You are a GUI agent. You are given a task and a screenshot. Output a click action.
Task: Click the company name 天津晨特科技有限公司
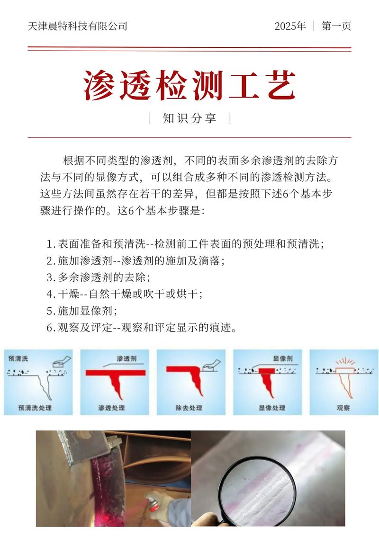[x=78, y=26]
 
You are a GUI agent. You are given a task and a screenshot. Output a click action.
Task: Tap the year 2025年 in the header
[x=290, y=26]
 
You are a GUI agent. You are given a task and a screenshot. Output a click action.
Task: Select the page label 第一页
[x=336, y=26]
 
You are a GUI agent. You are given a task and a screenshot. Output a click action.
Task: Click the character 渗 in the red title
[x=101, y=86]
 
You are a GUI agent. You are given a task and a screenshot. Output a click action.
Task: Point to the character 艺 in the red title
[x=279, y=86]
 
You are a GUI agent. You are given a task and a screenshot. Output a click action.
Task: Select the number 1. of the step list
[x=51, y=244]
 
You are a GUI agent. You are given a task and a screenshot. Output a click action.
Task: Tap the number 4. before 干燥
[x=51, y=294]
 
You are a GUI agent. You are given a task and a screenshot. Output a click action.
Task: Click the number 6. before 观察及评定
[x=51, y=328]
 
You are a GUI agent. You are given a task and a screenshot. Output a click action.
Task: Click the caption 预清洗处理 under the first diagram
[x=35, y=408]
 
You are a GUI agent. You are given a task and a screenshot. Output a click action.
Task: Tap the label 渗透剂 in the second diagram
[x=126, y=359]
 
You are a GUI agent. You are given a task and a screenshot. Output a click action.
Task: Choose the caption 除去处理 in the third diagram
[x=189, y=408]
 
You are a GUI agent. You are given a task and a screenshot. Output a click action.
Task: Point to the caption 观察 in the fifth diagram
[x=343, y=408]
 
